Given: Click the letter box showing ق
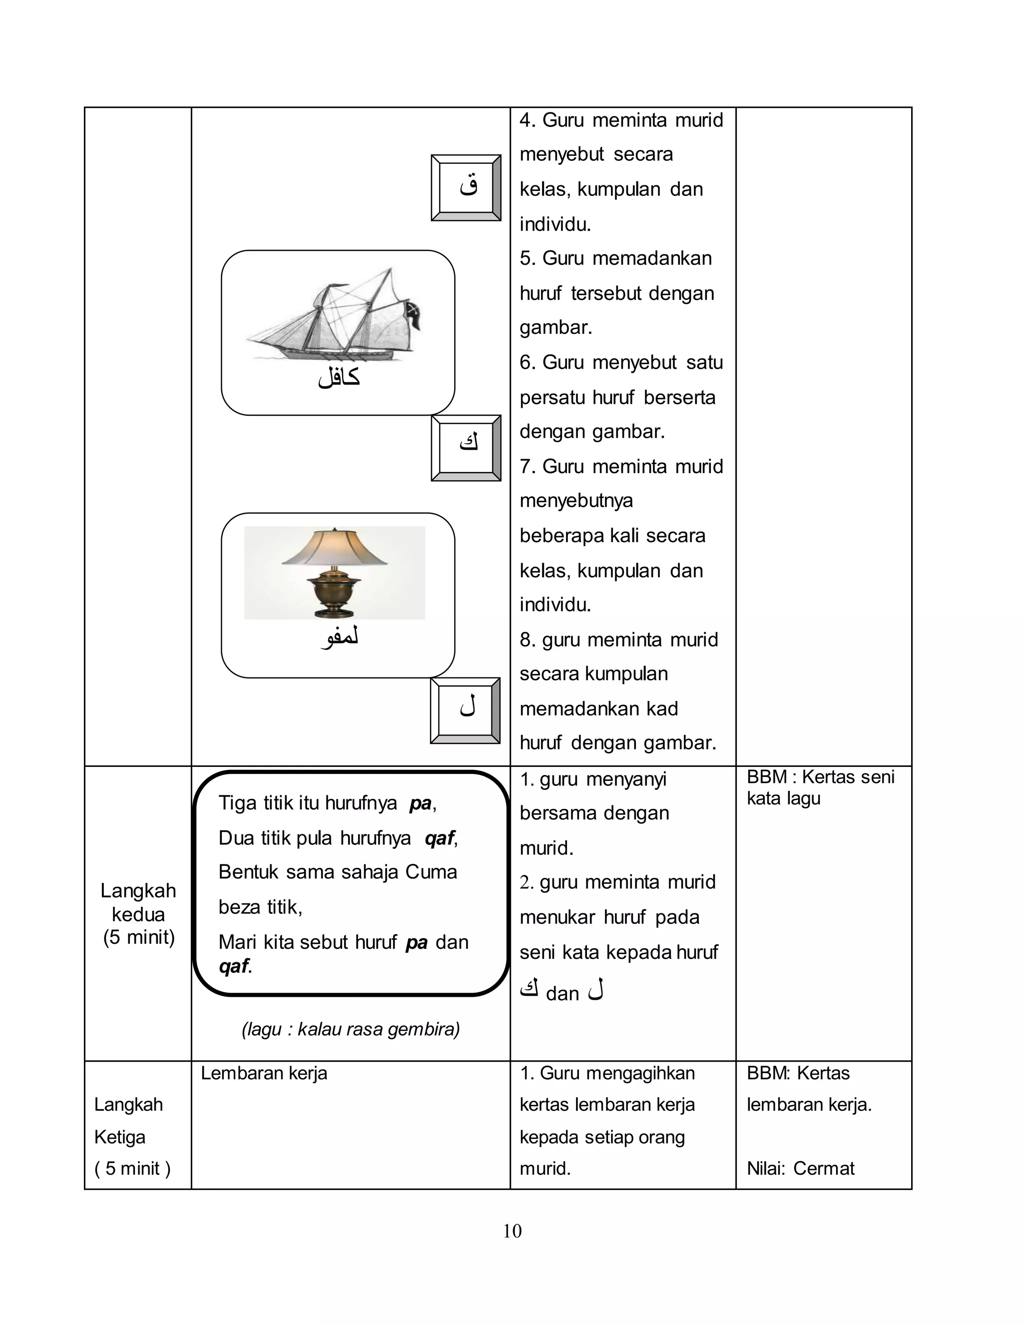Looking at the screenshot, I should point(466,187).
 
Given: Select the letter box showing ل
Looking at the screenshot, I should point(465,710).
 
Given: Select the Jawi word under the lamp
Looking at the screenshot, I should point(339,638).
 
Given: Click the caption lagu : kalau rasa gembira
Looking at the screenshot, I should point(350,1029).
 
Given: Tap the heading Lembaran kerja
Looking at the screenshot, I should point(264,1073).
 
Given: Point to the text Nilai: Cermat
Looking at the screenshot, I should point(800,1168).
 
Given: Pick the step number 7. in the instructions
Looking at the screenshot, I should point(527,466).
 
